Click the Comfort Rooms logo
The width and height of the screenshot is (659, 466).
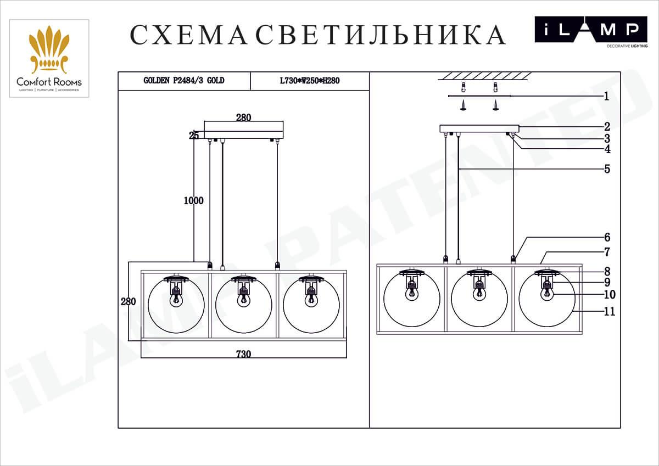tap(49, 58)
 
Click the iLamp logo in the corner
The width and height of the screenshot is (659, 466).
tap(586, 31)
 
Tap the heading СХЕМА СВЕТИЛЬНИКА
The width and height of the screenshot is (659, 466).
tap(317, 35)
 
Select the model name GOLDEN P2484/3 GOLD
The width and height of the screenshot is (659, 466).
tap(183, 81)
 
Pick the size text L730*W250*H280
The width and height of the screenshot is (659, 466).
tap(310, 81)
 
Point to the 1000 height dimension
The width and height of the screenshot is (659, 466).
tap(193, 201)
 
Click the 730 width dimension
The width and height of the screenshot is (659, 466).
tap(243, 354)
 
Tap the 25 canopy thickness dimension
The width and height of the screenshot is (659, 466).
tap(194, 136)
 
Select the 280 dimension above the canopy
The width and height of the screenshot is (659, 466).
tap(243, 117)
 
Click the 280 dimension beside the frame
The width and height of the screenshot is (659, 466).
tap(128, 301)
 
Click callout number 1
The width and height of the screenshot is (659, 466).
tap(606, 97)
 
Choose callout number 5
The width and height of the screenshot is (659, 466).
tap(607, 169)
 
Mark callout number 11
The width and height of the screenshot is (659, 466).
tap(609, 312)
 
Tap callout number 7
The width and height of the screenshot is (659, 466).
tap(607, 252)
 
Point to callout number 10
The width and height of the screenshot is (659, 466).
tap(609, 295)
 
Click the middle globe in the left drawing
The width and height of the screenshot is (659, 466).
tap(243, 305)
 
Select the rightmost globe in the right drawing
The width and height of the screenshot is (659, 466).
tap(547, 299)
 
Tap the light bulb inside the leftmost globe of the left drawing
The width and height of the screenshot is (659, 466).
tap(176, 299)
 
